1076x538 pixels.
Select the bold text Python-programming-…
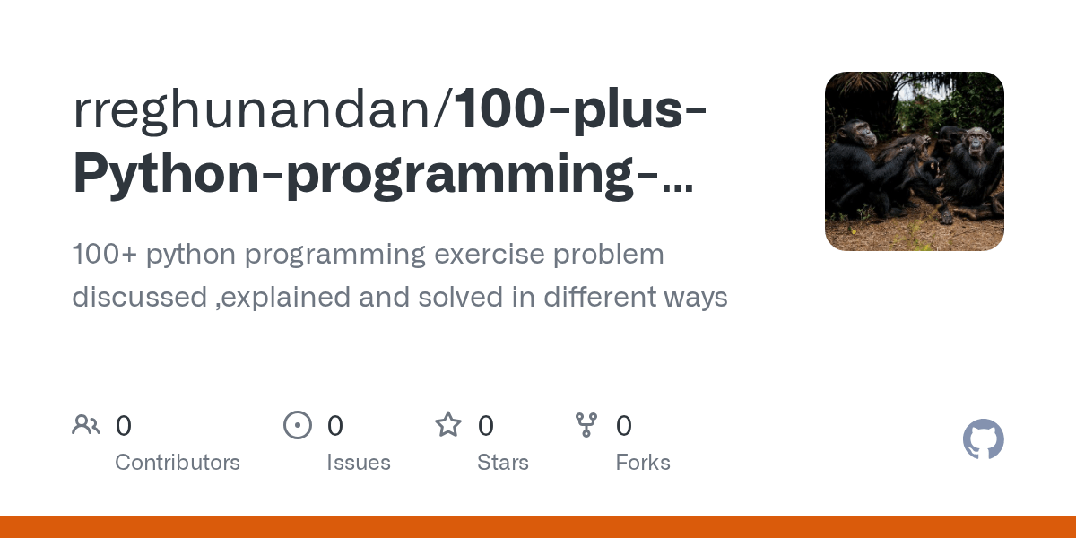coord(383,172)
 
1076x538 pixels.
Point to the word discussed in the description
coord(139,297)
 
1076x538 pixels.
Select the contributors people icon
coord(86,424)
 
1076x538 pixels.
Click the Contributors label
coord(178,463)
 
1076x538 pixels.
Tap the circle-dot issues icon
coord(298,424)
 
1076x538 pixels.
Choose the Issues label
coord(359,463)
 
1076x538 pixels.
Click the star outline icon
coord(448,424)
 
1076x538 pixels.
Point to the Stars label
coord(503,463)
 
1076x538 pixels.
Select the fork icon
coord(586,424)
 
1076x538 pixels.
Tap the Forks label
coord(643,463)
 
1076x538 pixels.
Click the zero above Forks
coord(624,425)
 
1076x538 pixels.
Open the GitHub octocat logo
coord(984,439)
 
